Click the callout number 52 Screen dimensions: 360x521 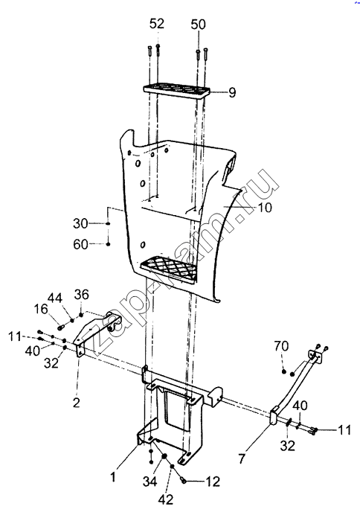tap(157, 24)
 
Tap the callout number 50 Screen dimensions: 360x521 tap(199, 25)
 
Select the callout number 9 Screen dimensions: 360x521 tap(232, 92)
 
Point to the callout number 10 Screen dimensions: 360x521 tap(265, 208)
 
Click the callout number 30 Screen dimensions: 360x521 tap(80, 223)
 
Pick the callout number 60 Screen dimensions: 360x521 tap(80, 245)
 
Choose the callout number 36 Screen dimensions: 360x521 tap(82, 295)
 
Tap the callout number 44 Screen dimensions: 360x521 tap(55, 298)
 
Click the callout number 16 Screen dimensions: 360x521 tap(41, 310)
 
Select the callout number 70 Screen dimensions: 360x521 tap(281, 346)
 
